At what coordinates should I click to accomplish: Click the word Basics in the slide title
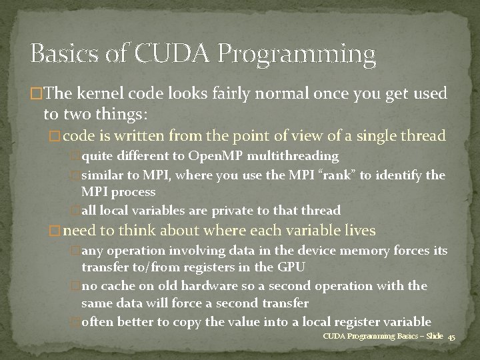(x=63, y=53)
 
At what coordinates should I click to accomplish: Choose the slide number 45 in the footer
(x=451, y=337)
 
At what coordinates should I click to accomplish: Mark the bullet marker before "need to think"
(x=55, y=231)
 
